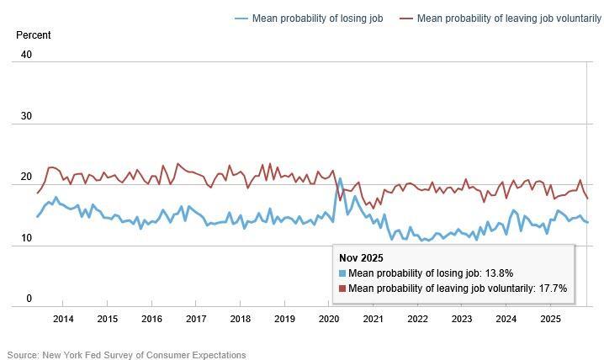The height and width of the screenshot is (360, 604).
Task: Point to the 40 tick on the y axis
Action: coord(26,55)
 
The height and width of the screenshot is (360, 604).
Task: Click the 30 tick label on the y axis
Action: coord(26,116)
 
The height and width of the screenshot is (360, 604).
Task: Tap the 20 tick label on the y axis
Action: coord(26,177)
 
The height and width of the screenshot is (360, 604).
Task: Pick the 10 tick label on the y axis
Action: coord(26,238)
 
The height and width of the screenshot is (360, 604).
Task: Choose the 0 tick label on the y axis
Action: coord(29,299)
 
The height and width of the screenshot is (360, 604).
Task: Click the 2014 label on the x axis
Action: coord(63,319)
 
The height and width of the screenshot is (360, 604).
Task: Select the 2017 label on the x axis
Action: coord(196,319)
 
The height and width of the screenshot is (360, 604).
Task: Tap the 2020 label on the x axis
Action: coord(329,319)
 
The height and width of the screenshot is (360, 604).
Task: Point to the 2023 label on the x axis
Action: coord(462,319)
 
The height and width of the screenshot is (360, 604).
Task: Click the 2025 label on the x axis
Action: coord(550,319)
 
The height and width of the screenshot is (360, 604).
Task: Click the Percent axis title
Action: coord(34,35)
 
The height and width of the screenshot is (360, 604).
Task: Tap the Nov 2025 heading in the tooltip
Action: coord(362,258)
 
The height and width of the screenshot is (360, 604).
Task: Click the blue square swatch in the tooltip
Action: coord(342,273)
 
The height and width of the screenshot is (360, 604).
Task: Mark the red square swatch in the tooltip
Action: coord(342,289)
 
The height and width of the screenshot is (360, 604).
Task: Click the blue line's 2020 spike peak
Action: coord(340,178)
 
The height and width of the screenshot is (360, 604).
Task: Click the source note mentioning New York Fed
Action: coord(126,355)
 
